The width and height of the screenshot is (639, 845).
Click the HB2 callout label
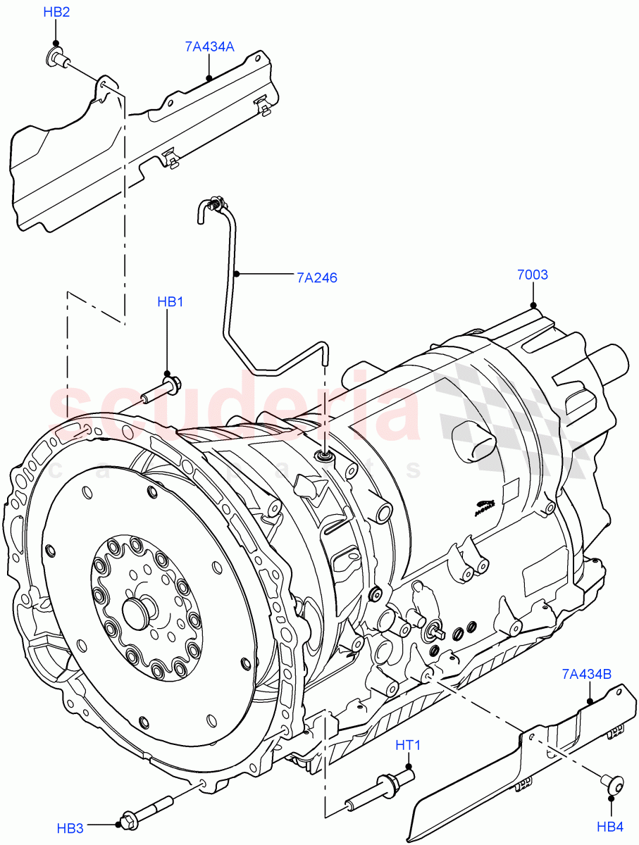[x=56, y=13]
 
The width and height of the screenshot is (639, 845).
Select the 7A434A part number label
[x=209, y=47]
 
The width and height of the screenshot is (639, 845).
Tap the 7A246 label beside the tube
[x=317, y=277]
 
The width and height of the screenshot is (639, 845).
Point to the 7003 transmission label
[x=533, y=275]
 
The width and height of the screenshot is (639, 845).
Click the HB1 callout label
[x=170, y=302]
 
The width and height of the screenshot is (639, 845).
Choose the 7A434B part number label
[x=587, y=674]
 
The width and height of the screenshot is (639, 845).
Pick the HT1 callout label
[x=407, y=745]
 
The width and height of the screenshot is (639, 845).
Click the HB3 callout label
[x=70, y=829]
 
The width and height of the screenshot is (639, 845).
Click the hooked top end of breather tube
[x=210, y=206]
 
